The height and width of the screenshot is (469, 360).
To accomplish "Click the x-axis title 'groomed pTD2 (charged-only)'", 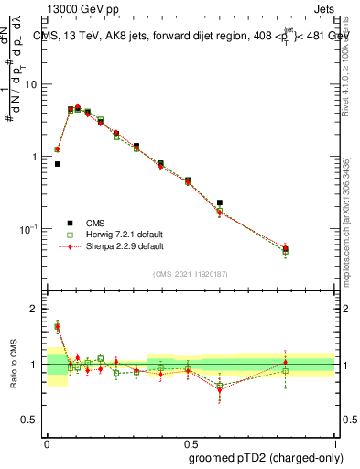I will pos(267,456).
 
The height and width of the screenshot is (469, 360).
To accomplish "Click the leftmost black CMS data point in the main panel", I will pos(57,164).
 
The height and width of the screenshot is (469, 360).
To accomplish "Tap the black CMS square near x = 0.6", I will pos(220,202).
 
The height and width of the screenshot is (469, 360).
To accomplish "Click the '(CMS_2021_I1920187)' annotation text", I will pos(191,272).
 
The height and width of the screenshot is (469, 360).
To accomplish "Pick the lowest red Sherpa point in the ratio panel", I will pos(220,389).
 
